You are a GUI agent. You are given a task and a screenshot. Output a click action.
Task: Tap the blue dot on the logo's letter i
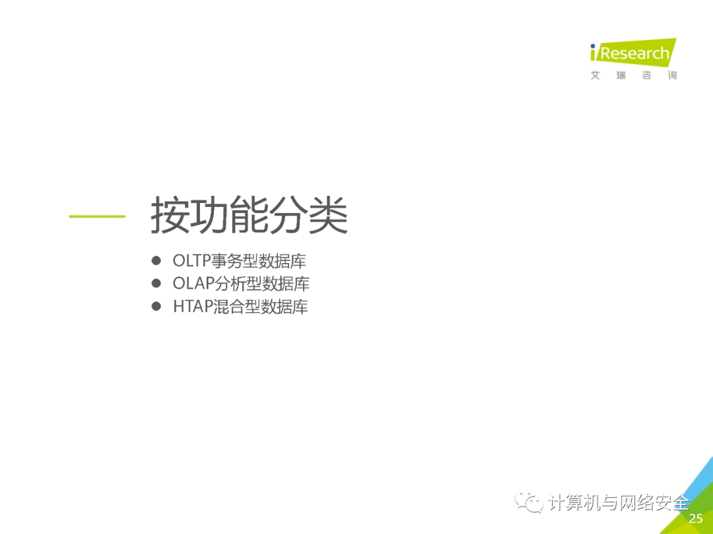click(593, 46)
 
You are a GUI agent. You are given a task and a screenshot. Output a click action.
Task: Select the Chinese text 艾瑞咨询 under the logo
click(634, 75)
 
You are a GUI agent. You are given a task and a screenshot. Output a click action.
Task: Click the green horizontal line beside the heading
click(97, 216)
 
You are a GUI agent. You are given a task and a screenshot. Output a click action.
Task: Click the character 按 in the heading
click(170, 215)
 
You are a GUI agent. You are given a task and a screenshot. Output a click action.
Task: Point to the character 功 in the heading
click(210, 215)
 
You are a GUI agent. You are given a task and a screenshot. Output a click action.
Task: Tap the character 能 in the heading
click(249, 215)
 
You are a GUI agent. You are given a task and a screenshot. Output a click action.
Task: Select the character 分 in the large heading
click(289, 215)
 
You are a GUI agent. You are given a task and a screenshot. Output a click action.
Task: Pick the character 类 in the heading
click(328, 215)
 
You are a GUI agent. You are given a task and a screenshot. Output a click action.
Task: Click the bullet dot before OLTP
click(156, 260)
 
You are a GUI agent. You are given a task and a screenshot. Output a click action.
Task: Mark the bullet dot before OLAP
click(156, 283)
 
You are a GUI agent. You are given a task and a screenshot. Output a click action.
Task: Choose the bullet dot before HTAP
click(156, 306)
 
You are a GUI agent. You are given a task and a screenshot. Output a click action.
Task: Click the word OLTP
click(192, 261)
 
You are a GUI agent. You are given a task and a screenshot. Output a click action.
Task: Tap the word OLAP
click(193, 283)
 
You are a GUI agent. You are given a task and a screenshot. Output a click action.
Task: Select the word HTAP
click(193, 307)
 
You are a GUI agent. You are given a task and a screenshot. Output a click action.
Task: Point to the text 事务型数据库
click(259, 261)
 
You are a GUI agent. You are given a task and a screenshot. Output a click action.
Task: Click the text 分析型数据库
click(262, 283)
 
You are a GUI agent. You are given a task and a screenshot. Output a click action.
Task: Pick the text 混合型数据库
click(260, 307)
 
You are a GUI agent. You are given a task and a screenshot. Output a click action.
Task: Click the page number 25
click(696, 518)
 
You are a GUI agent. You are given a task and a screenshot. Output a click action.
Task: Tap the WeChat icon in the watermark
click(529, 501)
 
